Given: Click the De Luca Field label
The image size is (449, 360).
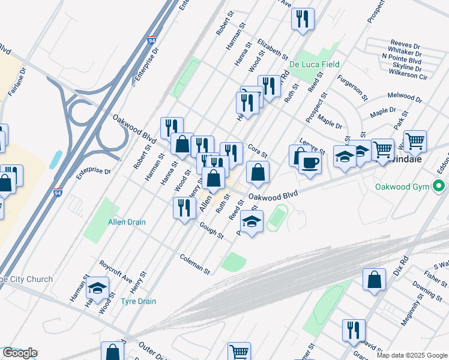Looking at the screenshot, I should [315, 64].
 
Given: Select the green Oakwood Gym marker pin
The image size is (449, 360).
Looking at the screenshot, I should [439, 187].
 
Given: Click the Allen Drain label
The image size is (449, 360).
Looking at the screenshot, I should [127, 222].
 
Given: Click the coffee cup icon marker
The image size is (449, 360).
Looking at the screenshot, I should [310, 163].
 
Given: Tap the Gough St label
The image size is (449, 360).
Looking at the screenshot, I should [212, 232].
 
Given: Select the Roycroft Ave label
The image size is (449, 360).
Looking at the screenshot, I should [116, 271].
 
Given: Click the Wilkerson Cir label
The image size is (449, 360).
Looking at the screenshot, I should [408, 76].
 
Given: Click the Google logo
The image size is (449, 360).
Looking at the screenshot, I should [20, 353].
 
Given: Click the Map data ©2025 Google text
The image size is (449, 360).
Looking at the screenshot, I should [412, 355].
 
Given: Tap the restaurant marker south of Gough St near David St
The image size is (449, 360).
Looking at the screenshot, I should [354, 330].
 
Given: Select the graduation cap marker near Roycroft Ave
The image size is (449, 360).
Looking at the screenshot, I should [97, 289].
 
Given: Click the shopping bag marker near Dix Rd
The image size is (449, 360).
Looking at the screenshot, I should [374, 280].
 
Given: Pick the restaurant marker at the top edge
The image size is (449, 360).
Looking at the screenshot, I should [303, 19].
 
